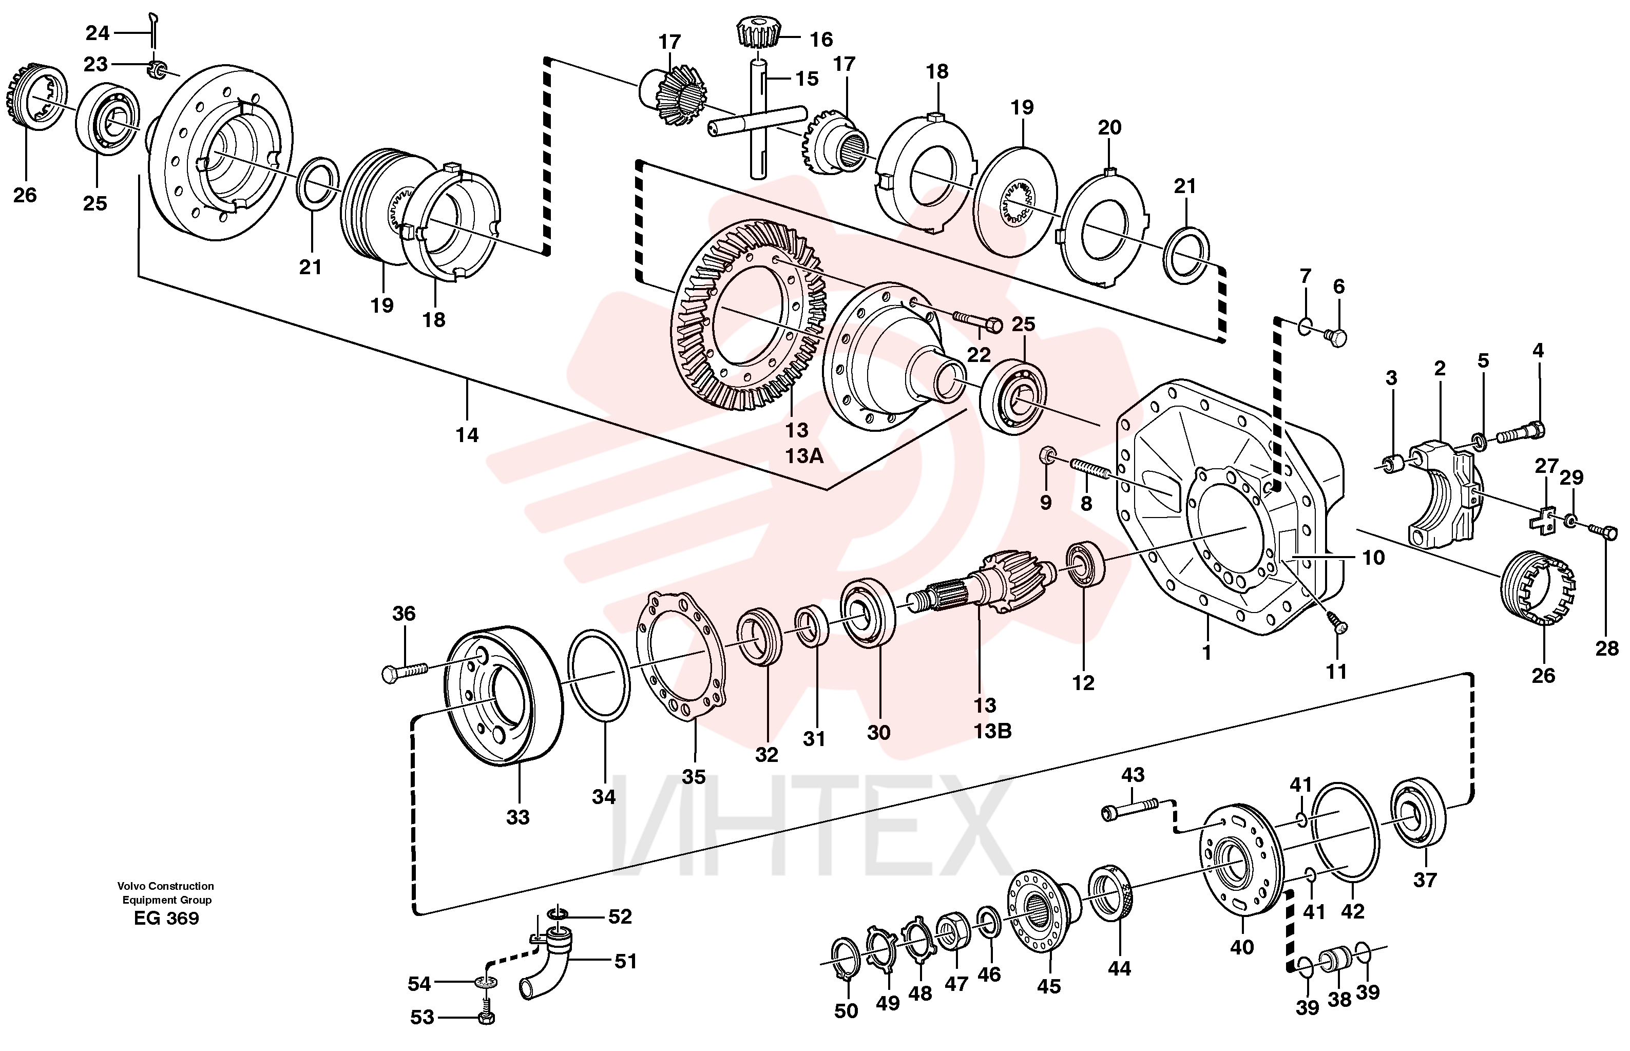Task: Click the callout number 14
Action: (467, 435)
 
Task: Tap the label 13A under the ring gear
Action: (804, 456)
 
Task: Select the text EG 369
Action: (166, 919)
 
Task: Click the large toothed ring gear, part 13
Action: (749, 315)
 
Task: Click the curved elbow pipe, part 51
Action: (548, 964)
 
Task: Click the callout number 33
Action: (518, 817)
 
